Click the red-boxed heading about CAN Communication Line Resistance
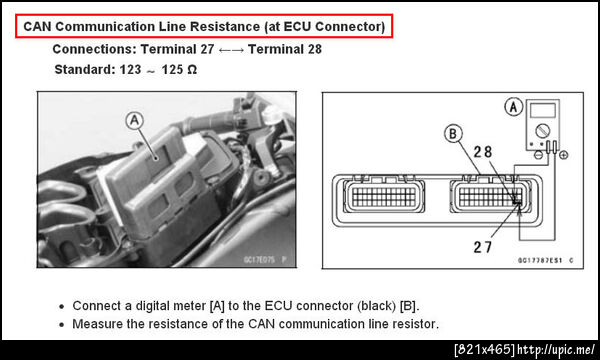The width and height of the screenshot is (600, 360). [204, 26]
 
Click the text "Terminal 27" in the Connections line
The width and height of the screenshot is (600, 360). [177, 49]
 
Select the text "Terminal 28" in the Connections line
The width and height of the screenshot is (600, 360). [285, 49]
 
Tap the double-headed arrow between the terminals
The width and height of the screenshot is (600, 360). [231, 50]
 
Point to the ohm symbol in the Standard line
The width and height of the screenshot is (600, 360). [192, 70]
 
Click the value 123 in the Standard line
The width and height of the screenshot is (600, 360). [130, 70]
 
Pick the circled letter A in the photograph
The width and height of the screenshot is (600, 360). [134, 121]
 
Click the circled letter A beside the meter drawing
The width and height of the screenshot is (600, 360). [514, 107]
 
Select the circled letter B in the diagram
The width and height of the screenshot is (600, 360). [453, 134]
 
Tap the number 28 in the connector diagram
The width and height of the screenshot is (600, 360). [483, 152]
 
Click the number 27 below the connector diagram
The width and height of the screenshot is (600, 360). [483, 247]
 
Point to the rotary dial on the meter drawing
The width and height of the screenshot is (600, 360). [543, 131]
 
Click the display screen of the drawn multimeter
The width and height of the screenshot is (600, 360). [543, 111]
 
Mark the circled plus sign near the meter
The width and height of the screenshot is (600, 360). [563, 155]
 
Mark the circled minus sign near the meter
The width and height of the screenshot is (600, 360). [538, 155]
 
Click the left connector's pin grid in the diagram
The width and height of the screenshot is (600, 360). [384, 197]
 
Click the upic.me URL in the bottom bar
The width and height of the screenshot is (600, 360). [556, 349]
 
